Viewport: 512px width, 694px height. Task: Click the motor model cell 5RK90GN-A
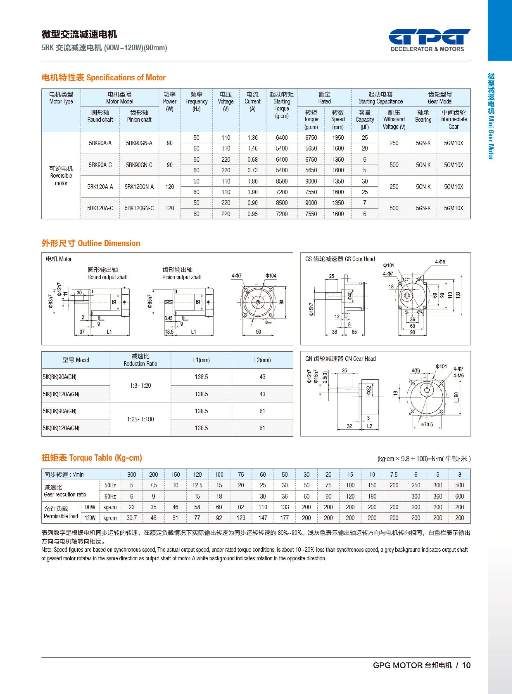coord(139,143)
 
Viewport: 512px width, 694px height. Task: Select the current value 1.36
coord(252,138)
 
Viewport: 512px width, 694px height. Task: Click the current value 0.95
coord(252,214)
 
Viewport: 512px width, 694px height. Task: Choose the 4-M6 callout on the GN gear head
coord(458,375)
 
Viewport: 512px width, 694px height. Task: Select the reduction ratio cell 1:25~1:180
coord(140,419)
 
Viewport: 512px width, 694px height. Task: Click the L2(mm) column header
coord(262,360)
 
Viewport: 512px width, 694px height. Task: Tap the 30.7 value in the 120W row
coord(132,518)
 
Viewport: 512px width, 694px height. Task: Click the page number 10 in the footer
coord(466,665)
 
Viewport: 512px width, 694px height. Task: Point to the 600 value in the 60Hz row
coord(459,496)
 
